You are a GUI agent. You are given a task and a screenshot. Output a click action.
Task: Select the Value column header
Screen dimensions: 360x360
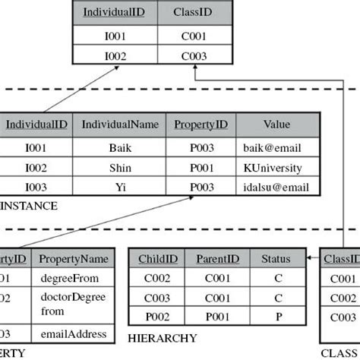pyautogui.click(x=277, y=125)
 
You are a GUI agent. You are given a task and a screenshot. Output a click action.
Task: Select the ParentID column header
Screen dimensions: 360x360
pyautogui.click(x=218, y=258)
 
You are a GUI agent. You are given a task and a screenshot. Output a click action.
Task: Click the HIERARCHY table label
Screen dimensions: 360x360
pyautogui.click(x=163, y=338)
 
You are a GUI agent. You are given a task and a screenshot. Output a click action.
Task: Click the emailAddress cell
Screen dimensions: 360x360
pyautogui.click(x=68, y=333)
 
